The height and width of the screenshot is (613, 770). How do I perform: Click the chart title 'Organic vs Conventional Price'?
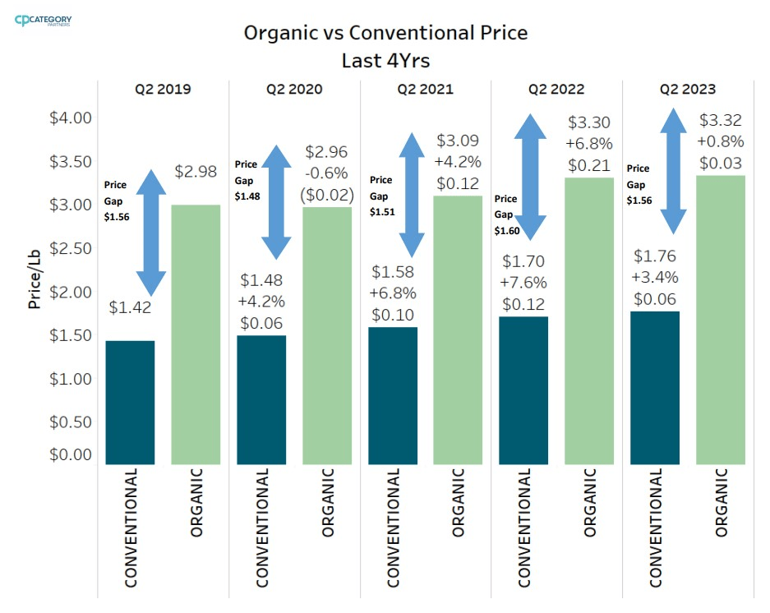385,33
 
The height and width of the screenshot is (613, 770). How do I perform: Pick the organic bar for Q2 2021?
459,330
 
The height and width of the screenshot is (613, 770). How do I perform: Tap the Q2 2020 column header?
294,89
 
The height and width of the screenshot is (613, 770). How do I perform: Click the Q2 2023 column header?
687,89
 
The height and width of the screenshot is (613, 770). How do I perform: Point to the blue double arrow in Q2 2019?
150,232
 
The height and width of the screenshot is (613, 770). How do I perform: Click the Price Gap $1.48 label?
247,180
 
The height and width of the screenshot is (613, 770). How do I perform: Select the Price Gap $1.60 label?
506,214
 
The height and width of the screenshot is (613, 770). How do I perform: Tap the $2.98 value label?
196,172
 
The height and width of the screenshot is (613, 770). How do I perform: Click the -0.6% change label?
328,173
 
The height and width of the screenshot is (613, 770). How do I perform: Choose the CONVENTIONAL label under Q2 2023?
656,528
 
